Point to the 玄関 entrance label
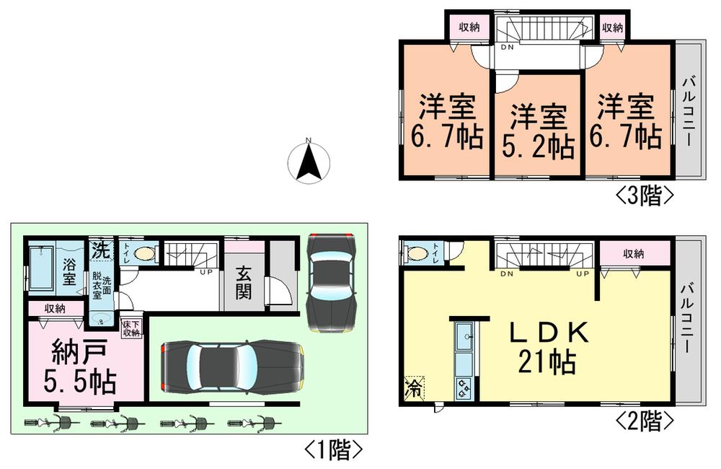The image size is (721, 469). (x=243, y=286)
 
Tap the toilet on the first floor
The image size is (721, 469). (x=145, y=254)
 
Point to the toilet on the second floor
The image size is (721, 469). (x=416, y=254)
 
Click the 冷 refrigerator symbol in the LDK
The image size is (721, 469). (x=415, y=387)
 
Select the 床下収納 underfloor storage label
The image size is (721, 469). (x=131, y=328)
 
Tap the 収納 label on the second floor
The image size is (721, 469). (x=634, y=253)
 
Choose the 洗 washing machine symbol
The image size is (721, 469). (x=101, y=250)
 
